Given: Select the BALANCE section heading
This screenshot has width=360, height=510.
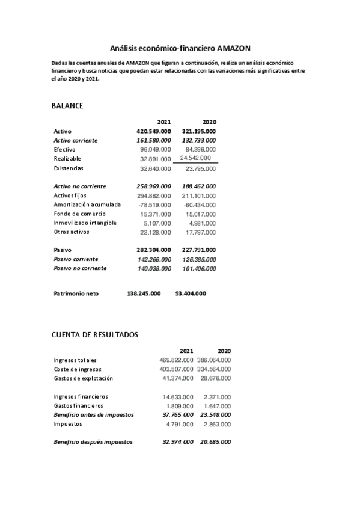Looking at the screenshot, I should (67, 106).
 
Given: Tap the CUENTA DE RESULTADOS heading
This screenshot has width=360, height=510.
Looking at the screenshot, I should (95, 334).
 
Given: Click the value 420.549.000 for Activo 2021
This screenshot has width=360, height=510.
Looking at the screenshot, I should (154, 131).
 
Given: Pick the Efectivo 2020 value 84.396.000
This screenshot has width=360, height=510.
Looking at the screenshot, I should (201, 149).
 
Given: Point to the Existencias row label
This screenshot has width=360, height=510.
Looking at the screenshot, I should (69, 168).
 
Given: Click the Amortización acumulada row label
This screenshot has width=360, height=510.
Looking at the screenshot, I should (87, 204).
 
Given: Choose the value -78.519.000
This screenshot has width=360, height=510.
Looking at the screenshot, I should (154, 204).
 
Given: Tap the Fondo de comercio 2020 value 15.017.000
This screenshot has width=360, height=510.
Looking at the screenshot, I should (201, 214).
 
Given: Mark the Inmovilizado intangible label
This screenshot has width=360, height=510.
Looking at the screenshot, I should (85, 223).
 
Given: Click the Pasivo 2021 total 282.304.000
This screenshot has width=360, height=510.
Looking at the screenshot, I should (154, 249).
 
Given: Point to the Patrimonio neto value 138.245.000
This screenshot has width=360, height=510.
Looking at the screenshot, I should (144, 293).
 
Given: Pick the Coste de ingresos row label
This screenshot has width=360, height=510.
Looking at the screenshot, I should (78, 369).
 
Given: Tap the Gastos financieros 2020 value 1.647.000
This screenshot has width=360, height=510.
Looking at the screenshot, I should (218, 406).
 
